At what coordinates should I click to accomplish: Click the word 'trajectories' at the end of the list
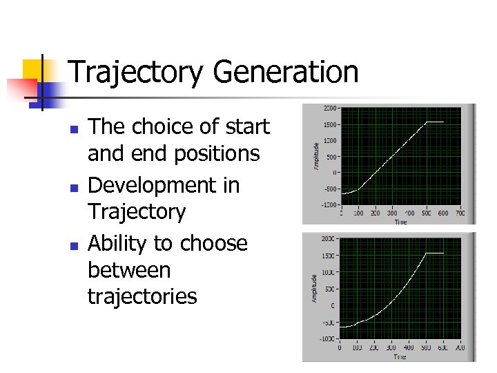click(x=142, y=296)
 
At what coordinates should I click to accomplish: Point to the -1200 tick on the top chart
click(x=329, y=204)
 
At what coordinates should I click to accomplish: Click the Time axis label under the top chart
click(x=400, y=222)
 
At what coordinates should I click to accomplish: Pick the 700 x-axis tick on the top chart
click(x=460, y=213)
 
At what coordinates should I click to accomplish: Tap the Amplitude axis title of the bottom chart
click(x=314, y=287)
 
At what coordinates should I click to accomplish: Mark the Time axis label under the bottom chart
click(x=400, y=357)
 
